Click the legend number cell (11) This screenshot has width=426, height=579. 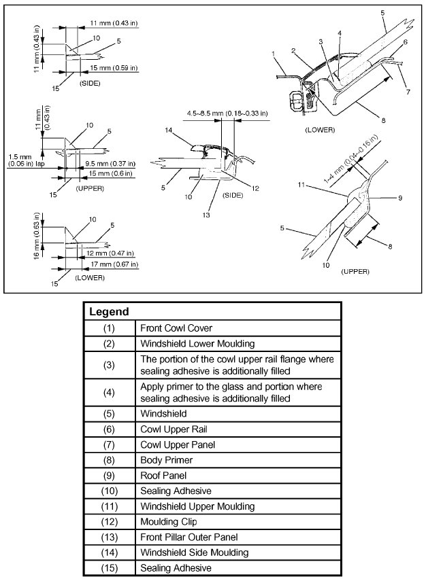pos(110,506)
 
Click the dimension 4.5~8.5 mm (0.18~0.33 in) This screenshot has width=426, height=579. pos(227,113)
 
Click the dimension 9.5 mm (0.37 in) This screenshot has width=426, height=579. pos(106,164)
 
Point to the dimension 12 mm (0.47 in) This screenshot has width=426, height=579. pos(108,253)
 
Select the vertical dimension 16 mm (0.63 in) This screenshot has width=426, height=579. pos(38,228)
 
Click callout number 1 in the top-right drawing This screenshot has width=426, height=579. pos(272,52)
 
